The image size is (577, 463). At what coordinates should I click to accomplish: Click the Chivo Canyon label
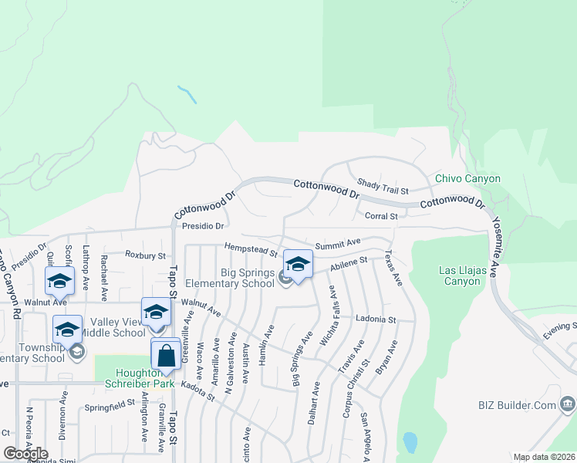[x=467, y=179]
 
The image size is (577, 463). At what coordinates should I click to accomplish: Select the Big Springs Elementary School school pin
[x=298, y=264]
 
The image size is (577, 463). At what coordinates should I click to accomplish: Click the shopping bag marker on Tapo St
[x=166, y=356]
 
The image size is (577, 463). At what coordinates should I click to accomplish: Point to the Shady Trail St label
[x=382, y=186]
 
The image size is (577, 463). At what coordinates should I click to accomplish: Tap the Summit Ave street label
[x=338, y=242]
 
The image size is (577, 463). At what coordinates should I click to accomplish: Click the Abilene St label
[x=349, y=266]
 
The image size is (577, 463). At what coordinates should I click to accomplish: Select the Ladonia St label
[x=376, y=319]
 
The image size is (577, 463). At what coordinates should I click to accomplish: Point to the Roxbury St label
[x=145, y=255]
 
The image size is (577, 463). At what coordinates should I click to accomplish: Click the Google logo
[x=25, y=454]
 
